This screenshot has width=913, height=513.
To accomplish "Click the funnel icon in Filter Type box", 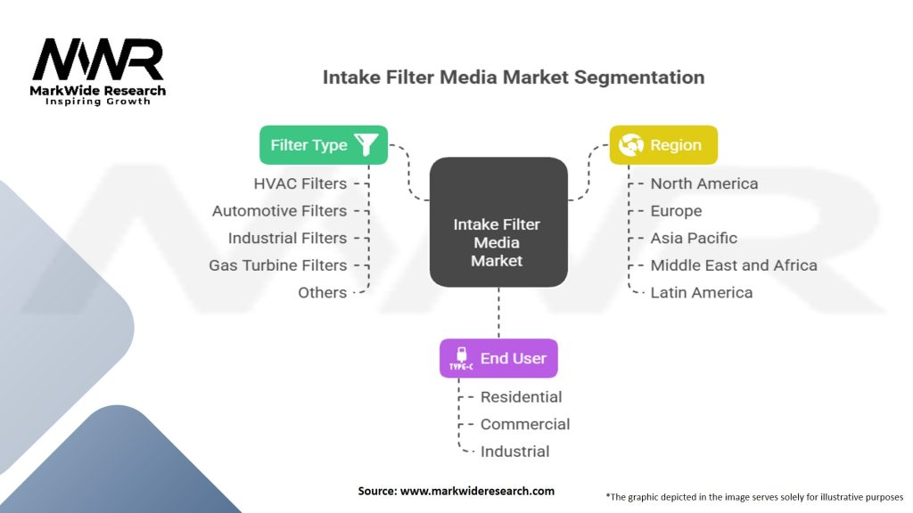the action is click(366, 145).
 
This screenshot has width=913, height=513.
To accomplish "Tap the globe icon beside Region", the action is click(631, 145).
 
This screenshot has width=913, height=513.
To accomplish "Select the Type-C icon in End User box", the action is click(461, 358).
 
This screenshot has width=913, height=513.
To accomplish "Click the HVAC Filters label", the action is click(300, 183).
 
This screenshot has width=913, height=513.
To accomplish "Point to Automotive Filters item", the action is click(279, 211).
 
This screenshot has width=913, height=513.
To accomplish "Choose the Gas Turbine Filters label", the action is click(278, 265).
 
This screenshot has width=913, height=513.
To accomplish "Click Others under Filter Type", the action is click(323, 292).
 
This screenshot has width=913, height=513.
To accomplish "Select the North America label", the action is click(704, 183).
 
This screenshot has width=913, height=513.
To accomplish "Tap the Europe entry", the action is click(676, 211).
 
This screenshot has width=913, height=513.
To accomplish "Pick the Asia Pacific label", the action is click(694, 238).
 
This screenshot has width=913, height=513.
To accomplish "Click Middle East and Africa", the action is click(734, 265).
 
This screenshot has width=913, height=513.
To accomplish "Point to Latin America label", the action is click(701, 292).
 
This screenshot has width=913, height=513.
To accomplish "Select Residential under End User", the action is click(521, 397).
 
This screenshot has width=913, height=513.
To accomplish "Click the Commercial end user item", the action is click(525, 425).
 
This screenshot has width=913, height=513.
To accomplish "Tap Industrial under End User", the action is click(514, 452).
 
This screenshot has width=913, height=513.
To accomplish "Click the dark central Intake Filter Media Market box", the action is click(498, 222).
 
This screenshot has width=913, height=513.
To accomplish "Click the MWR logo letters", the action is click(98, 60).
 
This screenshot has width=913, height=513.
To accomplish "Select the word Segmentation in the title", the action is click(639, 77).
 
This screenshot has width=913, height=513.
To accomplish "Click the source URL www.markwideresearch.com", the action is click(477, 491).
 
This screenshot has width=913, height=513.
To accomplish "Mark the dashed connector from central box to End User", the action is click(498, 313).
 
